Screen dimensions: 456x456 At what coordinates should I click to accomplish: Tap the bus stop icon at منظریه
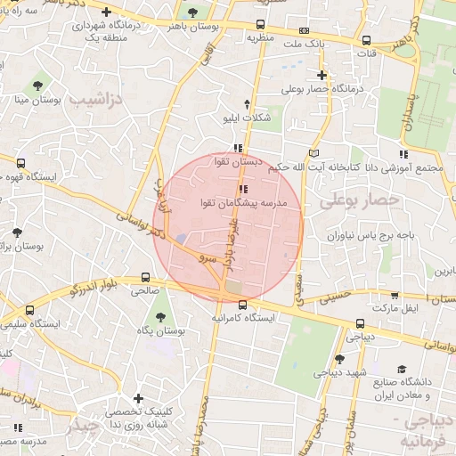260,25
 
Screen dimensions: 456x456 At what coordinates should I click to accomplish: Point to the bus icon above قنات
366,40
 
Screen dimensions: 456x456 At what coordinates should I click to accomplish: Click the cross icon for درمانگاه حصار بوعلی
322,75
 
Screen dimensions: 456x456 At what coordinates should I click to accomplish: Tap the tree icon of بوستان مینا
37,85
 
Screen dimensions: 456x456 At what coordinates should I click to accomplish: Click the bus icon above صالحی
145,277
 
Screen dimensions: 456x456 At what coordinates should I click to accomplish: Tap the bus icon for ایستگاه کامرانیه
243,305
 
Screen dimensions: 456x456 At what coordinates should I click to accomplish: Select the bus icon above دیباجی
360,324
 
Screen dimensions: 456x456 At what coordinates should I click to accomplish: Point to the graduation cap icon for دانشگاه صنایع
402,369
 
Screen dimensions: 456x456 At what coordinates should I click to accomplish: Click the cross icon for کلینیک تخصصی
137,400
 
